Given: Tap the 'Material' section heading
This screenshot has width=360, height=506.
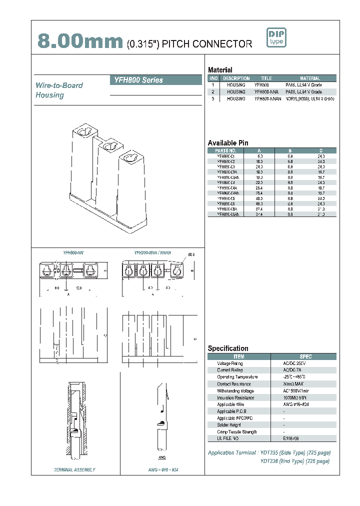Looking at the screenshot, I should click(220, 70).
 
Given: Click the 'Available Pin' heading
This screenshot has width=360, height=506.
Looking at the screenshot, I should click(228, 143).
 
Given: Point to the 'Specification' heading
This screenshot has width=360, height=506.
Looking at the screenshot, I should click(228, 348).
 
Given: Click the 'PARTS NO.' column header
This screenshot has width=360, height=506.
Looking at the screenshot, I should click(225, 150).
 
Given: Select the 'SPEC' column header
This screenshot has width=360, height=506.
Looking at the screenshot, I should click(305, 356).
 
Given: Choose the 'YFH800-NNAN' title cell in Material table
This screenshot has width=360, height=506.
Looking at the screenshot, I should click(267, 99).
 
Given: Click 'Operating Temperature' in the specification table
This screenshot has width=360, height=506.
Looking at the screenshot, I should click(237, 377).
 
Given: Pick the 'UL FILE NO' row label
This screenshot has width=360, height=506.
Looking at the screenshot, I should click(228, 438).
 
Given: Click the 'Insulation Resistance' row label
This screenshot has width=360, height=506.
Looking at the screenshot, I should click(235, 397).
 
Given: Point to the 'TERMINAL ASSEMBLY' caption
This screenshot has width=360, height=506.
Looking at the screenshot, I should click(74, 469).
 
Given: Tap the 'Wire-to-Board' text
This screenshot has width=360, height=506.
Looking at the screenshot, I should click(59, 85).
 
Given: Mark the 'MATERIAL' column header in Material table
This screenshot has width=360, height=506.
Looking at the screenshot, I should click(310, 78).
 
